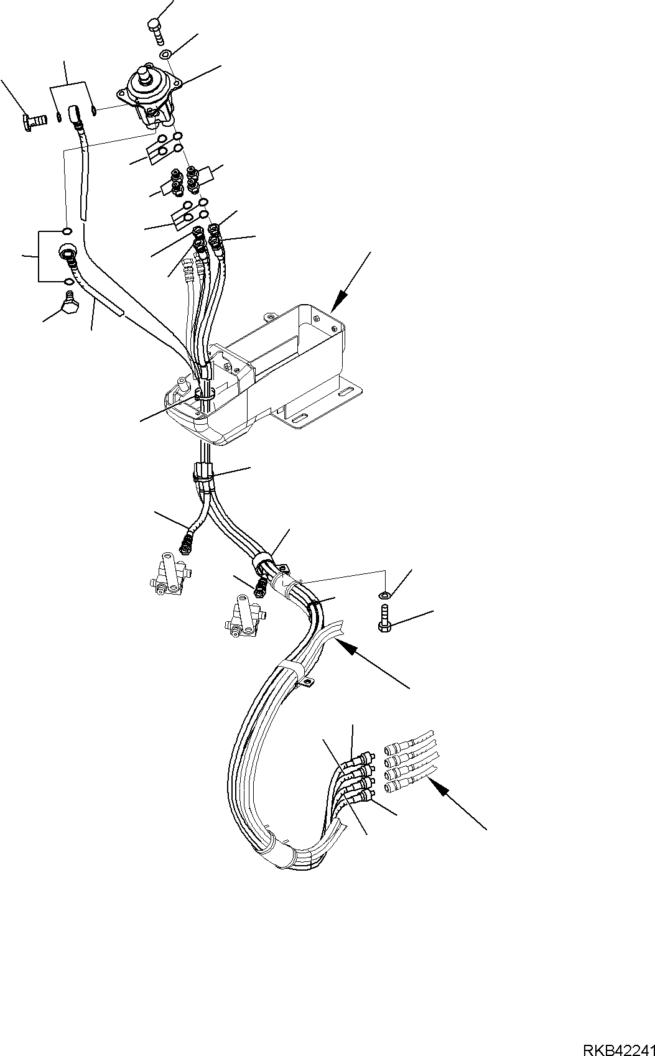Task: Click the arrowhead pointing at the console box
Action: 337,304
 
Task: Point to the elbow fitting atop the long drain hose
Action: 74,116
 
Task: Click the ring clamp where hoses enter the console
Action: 205,394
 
